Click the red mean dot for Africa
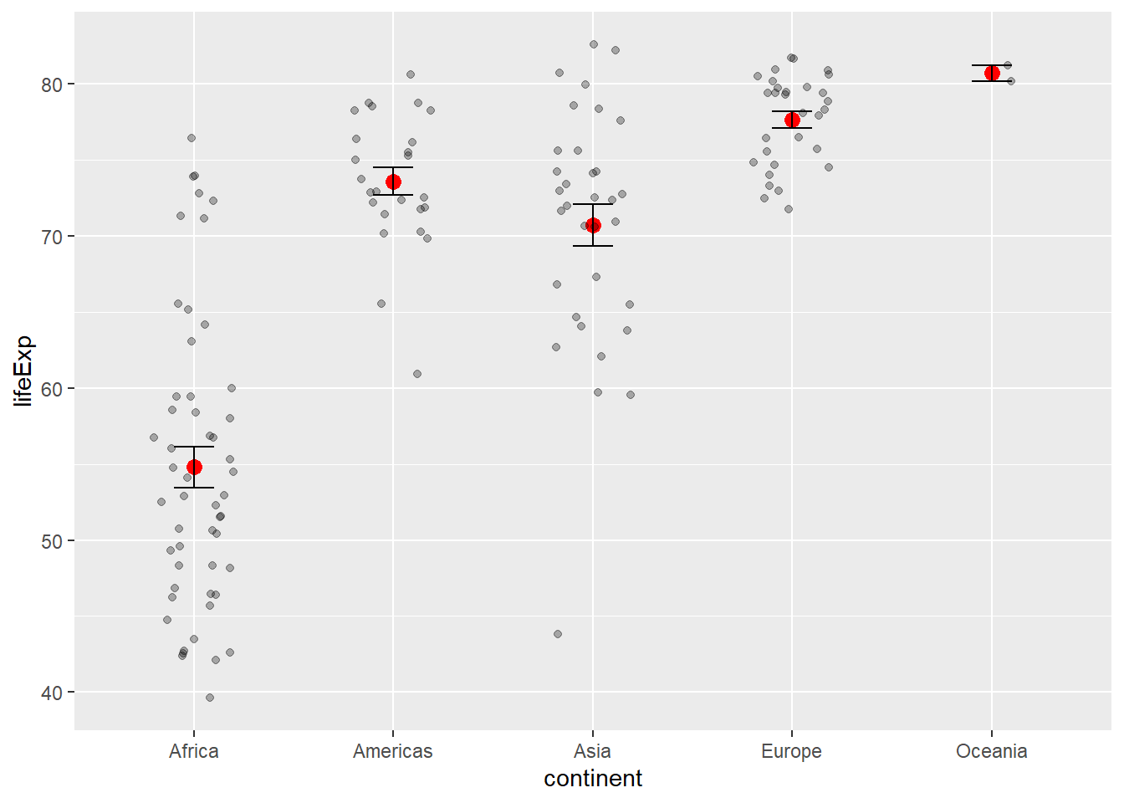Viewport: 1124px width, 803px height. (x=194, y=467)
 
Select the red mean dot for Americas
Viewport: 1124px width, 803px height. (x=393, y=182)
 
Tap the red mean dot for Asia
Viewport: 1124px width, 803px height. (x=593, y=225)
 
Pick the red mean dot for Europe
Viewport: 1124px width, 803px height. (x=792, y=120)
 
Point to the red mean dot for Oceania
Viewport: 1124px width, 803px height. (x=992, y=73)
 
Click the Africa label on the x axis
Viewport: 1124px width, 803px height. (x=194, y=751)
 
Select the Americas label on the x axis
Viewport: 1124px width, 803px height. (x=393, y=751)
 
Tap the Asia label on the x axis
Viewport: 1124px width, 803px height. (x=593, y=751)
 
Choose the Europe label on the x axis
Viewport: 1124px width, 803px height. (x=792, y=751)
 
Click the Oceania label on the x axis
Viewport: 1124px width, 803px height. (x=992, y=751)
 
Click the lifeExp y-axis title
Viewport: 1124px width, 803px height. (x=23, y=371)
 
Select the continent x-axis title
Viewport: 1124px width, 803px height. (x=593, y=779)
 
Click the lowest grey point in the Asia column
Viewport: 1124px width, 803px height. (x=558, y=634)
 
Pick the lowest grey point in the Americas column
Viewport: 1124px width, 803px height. (x=417, y=374)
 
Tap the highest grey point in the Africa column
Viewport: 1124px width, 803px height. (x=192, y=138)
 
